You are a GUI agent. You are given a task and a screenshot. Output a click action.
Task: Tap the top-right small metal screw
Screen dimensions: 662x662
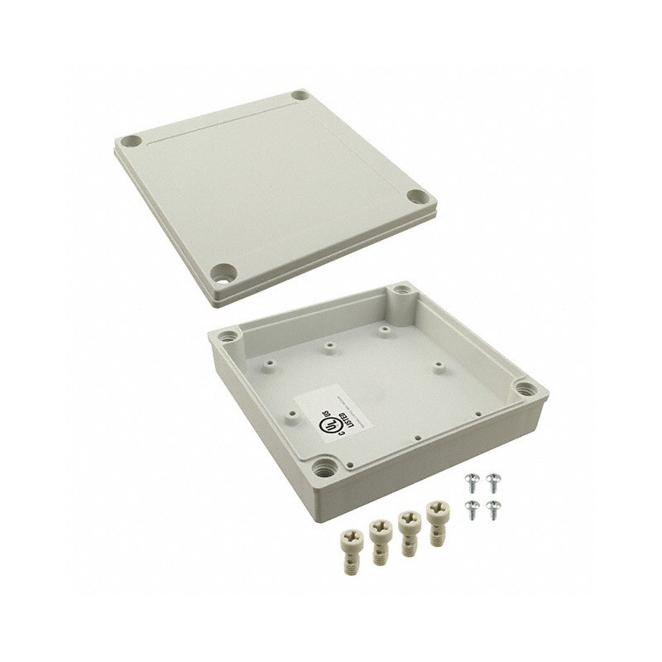[494, 480]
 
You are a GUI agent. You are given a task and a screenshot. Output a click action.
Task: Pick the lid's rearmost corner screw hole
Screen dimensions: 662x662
[300, 96]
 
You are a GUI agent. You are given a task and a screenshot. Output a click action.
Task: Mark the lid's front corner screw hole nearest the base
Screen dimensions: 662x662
[224, 271]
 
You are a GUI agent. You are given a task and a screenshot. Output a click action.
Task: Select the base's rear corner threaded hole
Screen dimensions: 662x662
[403, 290]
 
